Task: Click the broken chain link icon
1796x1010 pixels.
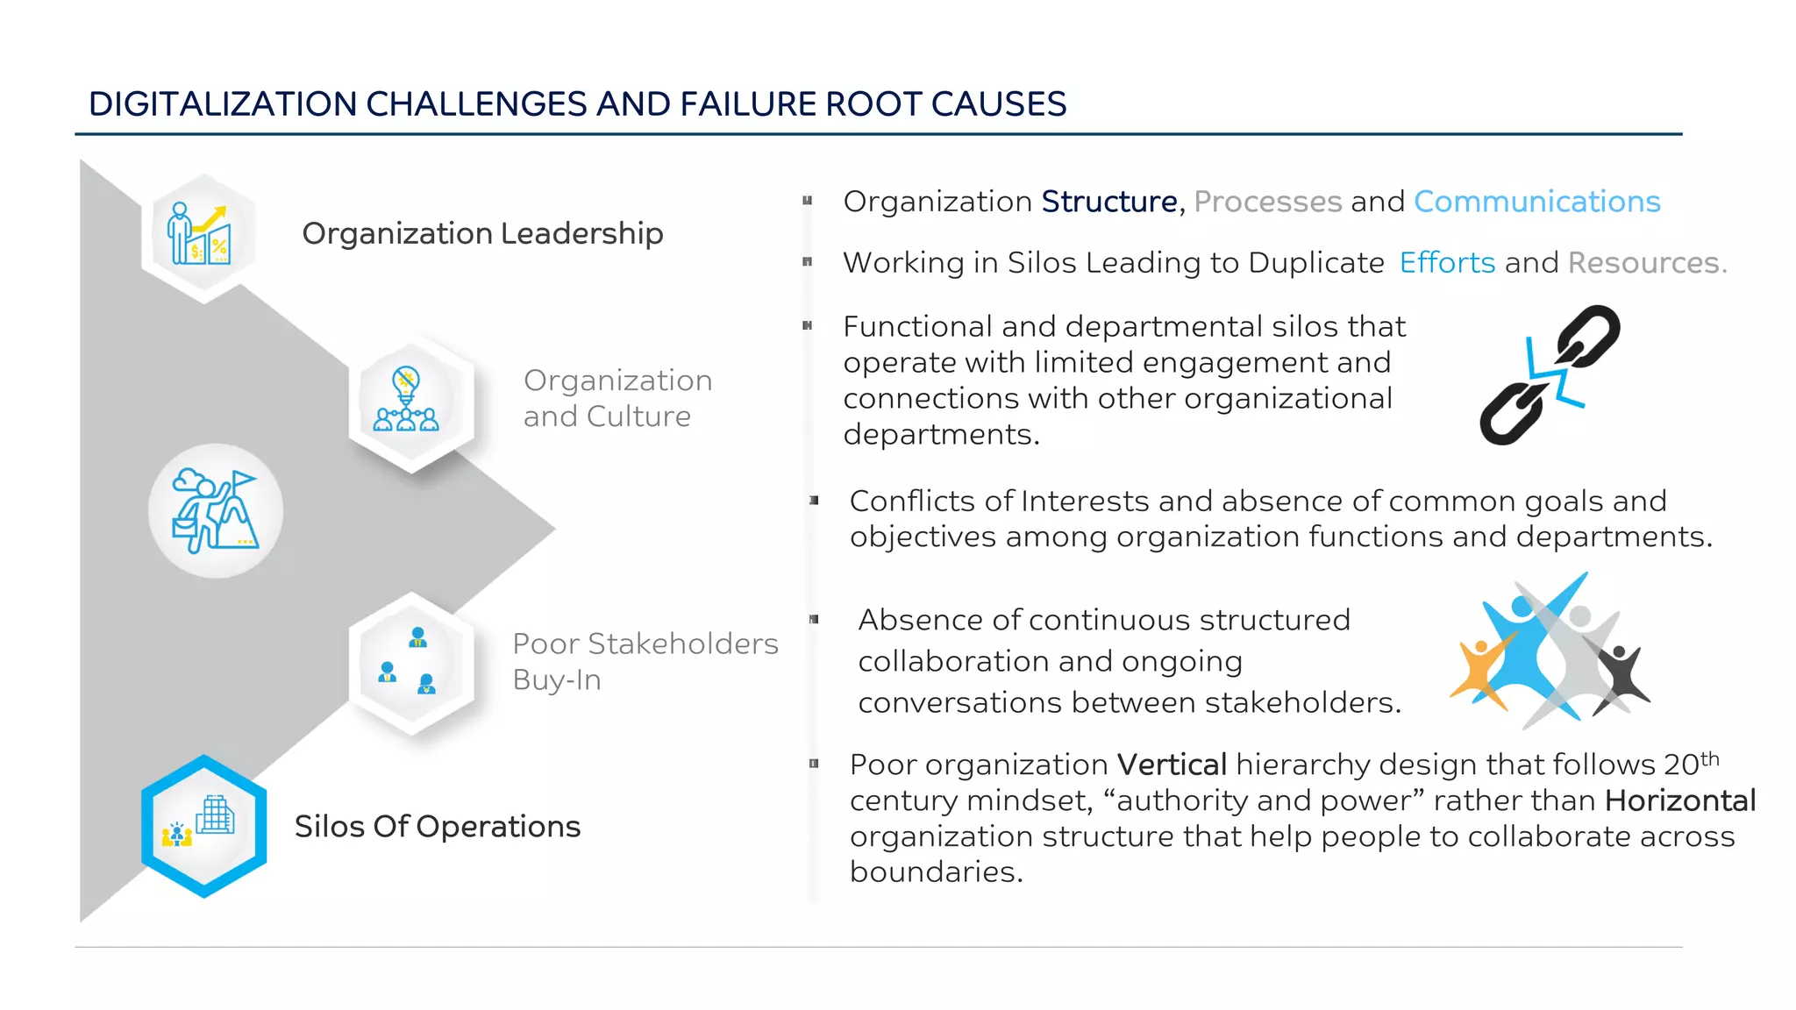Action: [x=1550, y=374]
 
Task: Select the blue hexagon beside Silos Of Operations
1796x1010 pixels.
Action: [x=204, y=826]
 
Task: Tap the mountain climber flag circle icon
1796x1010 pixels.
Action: [x=216, y=511]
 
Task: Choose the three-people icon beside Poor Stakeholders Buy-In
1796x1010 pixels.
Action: [x=409, y=663]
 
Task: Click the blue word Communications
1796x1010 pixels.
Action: [x=1536, y=202]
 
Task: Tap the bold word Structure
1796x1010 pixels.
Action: [x=1108, y=202]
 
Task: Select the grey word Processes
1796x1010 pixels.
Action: [x=1267, y=202]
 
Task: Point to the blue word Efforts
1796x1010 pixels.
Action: [x=1447, y=263]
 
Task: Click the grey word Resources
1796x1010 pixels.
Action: [x=1645, y=263]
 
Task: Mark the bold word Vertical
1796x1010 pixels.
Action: [x=1171, y=765]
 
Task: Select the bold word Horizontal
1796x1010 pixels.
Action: [x=1680, y=800]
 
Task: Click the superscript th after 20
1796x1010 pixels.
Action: [x=1709, y=759]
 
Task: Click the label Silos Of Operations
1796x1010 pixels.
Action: [x=437, y=827]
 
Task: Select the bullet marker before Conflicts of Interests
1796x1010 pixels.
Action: [x=814, y=501]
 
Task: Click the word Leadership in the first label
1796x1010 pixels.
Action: [x=581, y=234]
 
